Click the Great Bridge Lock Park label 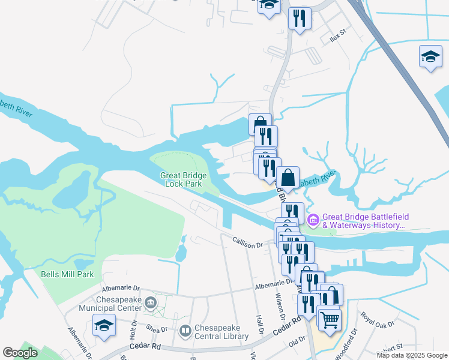click(x=184, y=179)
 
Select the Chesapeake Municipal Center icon click(x=150, y=302)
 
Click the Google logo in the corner click(x=20, y=353)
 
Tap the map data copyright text click(x=412, y=355)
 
